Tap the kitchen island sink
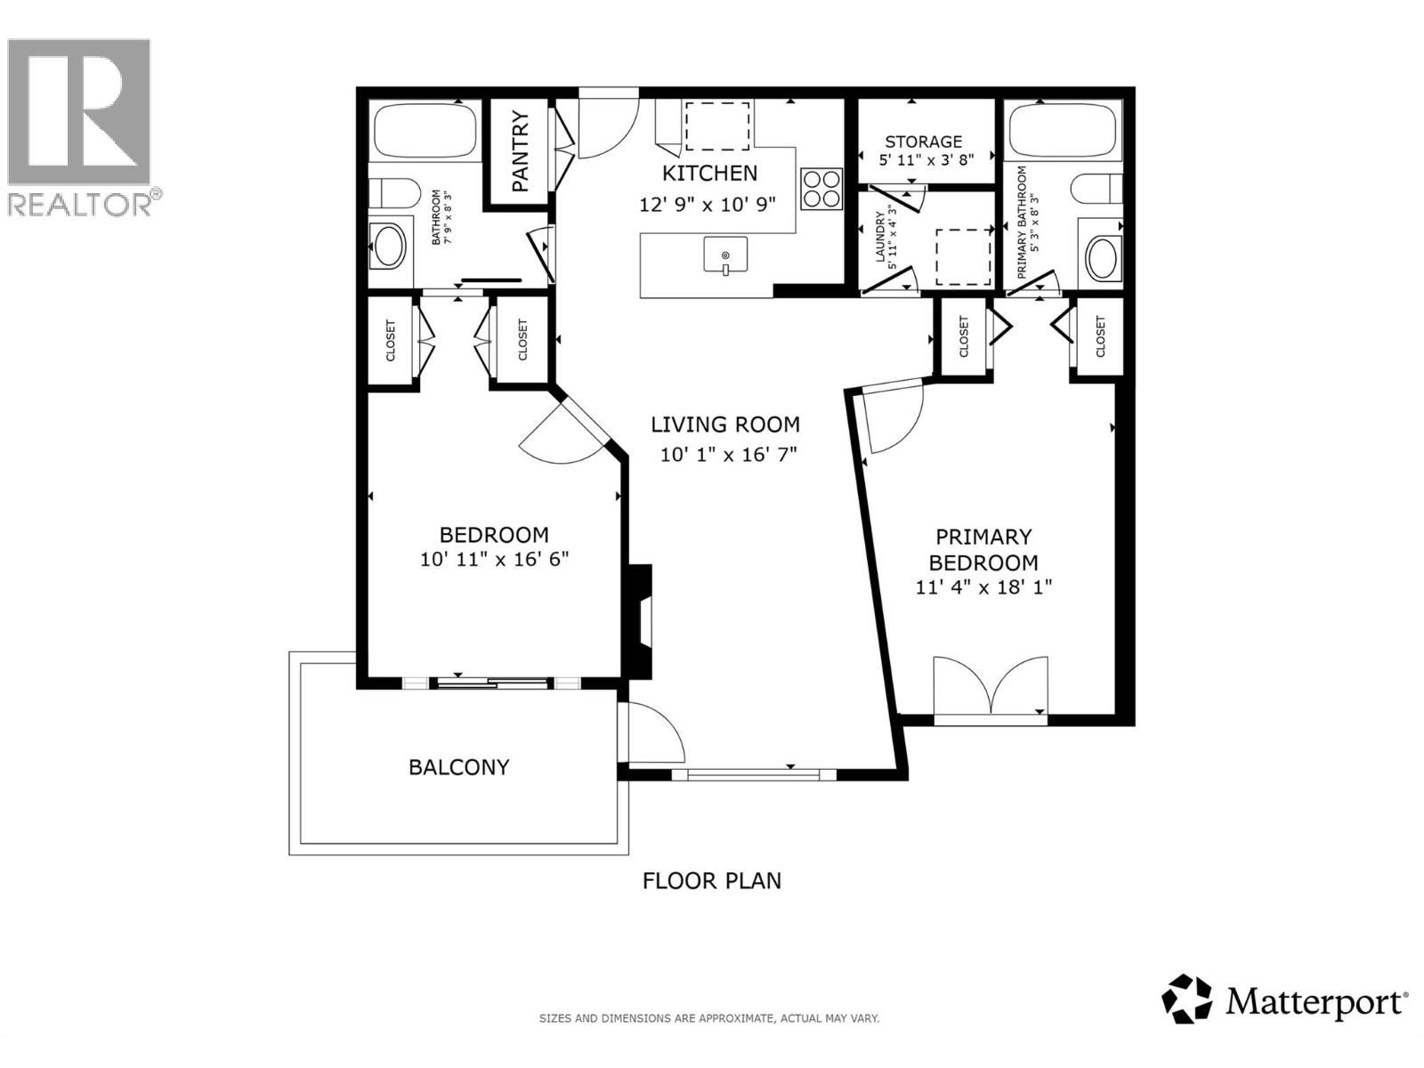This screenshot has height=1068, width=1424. tap(725, 255)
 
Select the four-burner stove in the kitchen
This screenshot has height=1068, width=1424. tap(821, 189)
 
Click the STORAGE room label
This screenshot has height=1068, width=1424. tap(923, 142)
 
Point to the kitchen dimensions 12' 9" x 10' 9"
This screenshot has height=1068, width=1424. tap(708, 204)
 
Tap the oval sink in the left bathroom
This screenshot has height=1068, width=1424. tap(389, 247)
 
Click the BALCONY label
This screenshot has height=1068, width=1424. tap(458, 767)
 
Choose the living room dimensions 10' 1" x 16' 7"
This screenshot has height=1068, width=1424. tap(727, 455)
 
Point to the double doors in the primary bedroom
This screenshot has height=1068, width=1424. tap(991, 686)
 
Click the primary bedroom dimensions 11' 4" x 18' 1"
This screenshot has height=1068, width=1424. tap(983, 587)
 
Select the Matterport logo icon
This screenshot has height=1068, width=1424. tap(1187, 999)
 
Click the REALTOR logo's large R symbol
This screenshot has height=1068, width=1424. tap(78, 111)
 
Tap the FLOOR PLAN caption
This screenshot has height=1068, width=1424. tap(712, 881)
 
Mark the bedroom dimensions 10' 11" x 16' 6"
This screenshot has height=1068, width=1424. tap(494, 560)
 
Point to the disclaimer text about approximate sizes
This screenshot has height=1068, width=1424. tap(709, 1018)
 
